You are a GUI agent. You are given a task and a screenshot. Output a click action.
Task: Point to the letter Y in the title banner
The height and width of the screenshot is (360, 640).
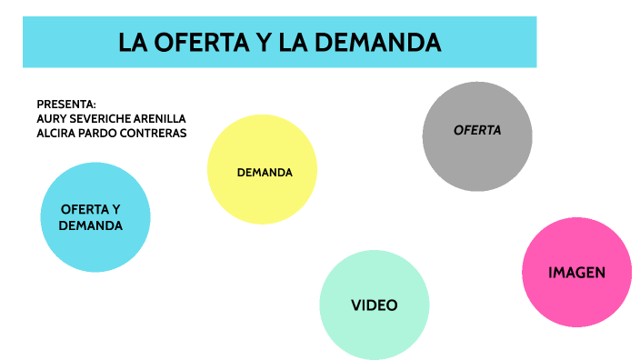(252, 42)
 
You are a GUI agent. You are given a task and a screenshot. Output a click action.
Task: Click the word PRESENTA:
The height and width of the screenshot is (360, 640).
(66, 105)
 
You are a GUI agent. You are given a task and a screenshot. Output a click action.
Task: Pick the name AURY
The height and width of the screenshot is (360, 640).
(51, 119)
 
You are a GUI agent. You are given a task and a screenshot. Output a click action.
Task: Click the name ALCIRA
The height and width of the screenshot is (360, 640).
(56, 134)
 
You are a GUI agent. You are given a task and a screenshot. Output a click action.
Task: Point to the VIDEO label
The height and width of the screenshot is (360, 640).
(374, 305)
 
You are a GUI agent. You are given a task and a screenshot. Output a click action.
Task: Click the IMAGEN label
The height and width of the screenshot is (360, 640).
(576, 273)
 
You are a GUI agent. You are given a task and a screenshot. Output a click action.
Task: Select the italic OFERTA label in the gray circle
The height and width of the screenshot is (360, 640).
(477, 130)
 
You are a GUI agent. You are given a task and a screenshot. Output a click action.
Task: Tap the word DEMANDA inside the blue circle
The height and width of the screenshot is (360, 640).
(91, 225)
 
